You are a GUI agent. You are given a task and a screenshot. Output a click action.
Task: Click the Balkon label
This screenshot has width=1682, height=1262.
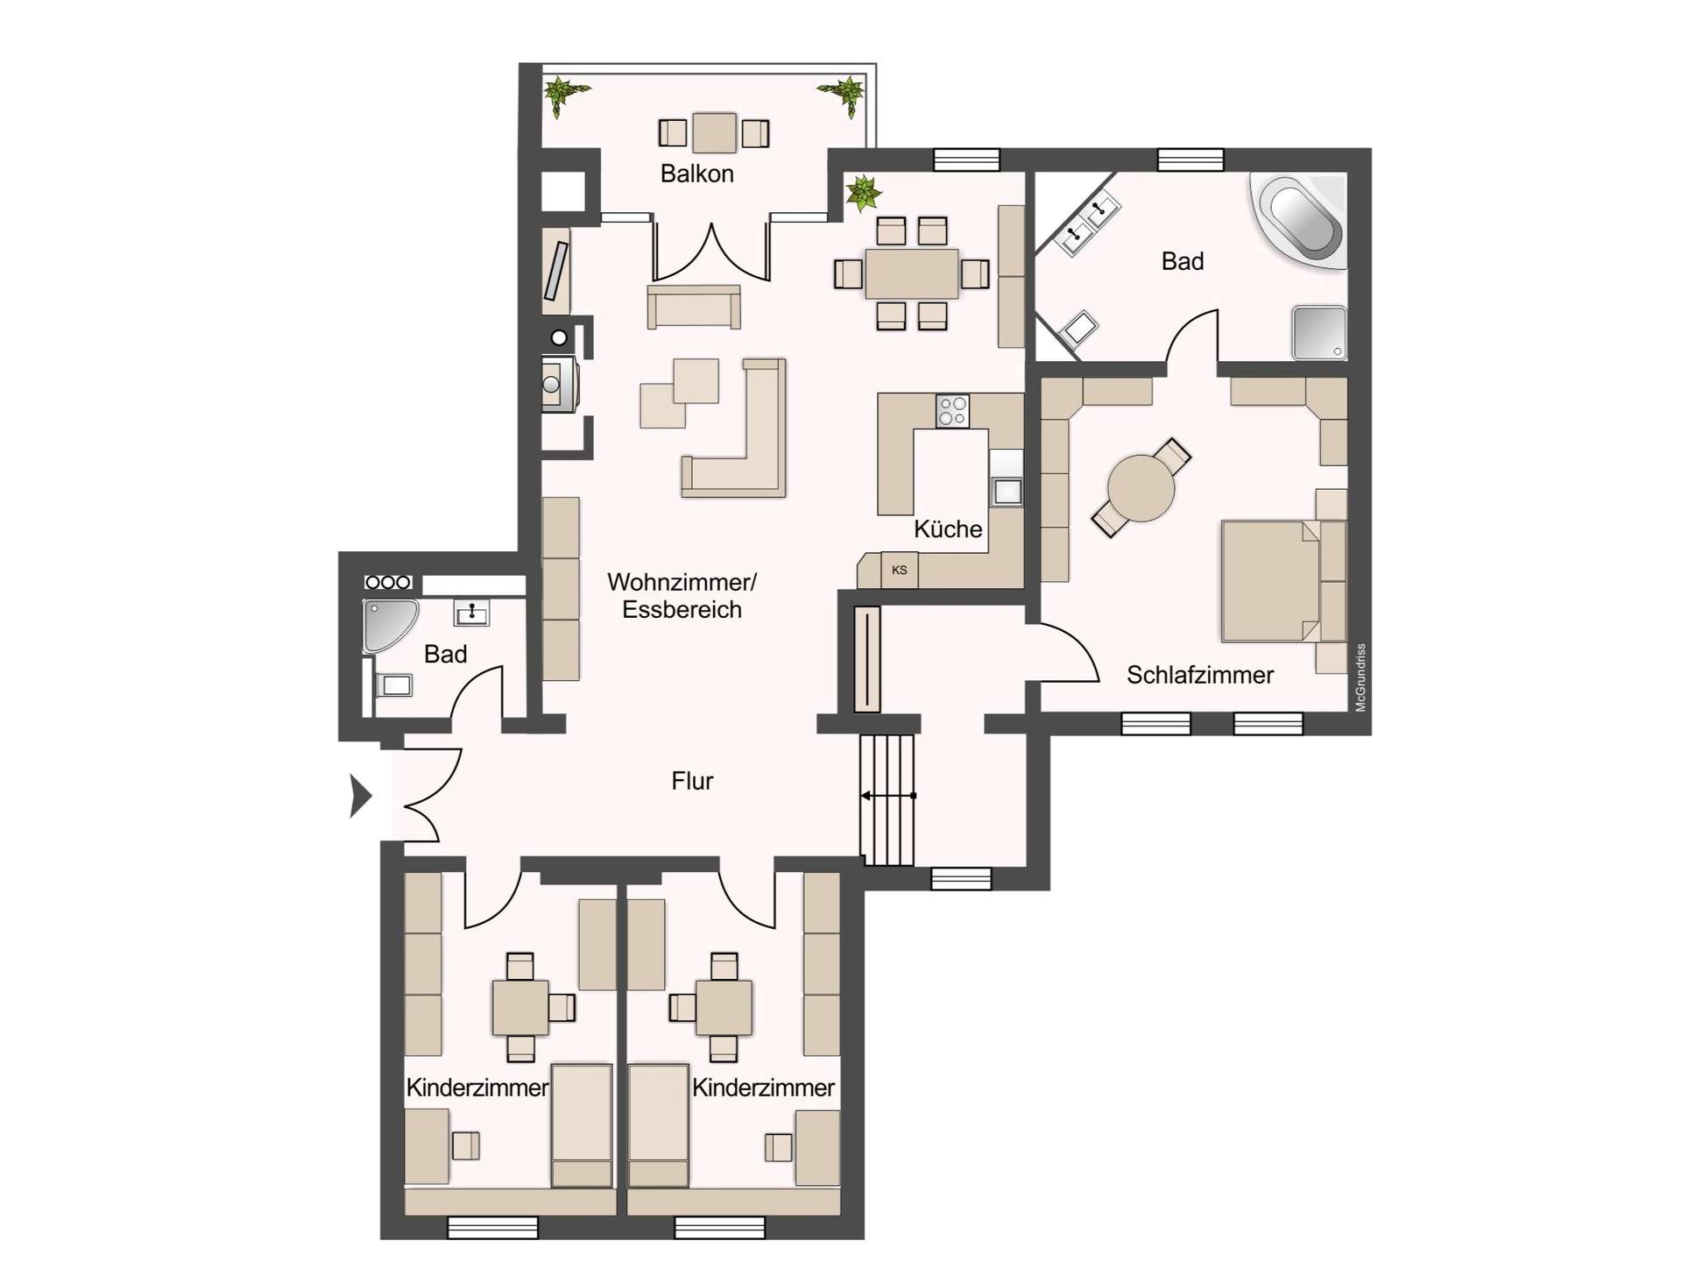tap(696, 174)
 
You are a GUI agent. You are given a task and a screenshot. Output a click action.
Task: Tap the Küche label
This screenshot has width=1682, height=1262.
tap(947, 528)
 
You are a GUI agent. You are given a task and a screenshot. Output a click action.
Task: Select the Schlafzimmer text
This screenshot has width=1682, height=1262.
tap(1199, 675)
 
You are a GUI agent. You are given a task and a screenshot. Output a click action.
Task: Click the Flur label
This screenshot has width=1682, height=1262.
tap(692, 781)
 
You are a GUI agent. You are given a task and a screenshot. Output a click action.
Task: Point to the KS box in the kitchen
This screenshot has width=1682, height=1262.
tap(899, 571)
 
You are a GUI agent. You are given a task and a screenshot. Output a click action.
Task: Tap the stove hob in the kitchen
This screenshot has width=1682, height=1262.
tap(952, 410)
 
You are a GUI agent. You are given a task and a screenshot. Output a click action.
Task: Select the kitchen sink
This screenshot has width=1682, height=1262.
tap(1007, 491)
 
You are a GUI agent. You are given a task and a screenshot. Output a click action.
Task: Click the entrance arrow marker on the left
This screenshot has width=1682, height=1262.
tap(359, 796)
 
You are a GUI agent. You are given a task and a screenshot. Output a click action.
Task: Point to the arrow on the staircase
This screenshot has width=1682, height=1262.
tap(887, 796)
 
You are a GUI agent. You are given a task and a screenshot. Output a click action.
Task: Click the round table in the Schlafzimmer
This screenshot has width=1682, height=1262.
tap(1141, 488)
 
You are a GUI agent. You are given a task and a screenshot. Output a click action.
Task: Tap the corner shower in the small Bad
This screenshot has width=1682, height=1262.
tap(387, 624)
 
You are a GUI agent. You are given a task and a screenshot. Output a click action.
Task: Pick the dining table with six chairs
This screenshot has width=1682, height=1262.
tap(911, 273)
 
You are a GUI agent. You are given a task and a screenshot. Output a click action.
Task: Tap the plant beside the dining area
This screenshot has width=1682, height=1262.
tap(863, 193)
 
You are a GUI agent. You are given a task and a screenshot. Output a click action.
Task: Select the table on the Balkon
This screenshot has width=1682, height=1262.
tap(714, 133)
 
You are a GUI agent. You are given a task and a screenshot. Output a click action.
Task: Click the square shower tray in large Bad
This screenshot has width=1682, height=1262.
tap(1318, 332)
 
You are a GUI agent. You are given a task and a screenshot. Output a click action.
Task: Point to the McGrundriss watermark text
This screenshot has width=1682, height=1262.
tap(1360, 677)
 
